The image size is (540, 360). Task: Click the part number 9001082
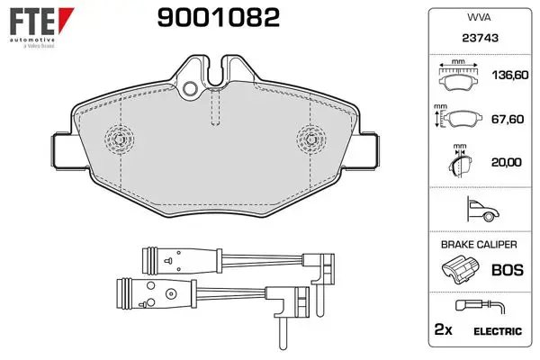(219, 18)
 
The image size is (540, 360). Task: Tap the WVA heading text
(479, 17)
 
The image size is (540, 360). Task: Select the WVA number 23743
(480, 38)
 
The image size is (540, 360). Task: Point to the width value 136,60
(509, 75)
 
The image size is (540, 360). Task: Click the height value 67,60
(508, 119)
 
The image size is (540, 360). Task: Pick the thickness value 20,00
(506, 162)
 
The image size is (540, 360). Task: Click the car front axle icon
(482, 209)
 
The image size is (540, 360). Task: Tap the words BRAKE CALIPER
(479, 245)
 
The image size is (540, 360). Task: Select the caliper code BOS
(508, 270)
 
